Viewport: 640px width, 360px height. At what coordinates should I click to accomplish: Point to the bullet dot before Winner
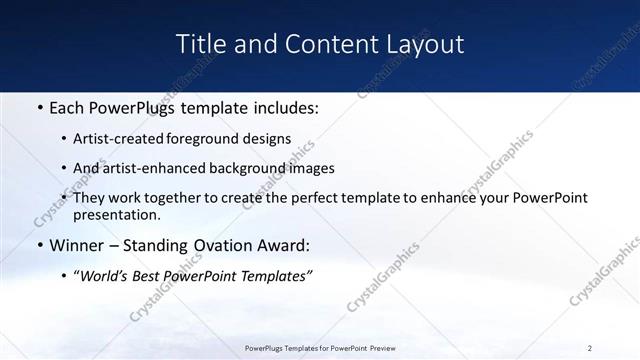39,246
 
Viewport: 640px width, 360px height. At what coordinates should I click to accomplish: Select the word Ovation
220,246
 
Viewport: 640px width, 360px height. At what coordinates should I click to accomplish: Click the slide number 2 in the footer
590,348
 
